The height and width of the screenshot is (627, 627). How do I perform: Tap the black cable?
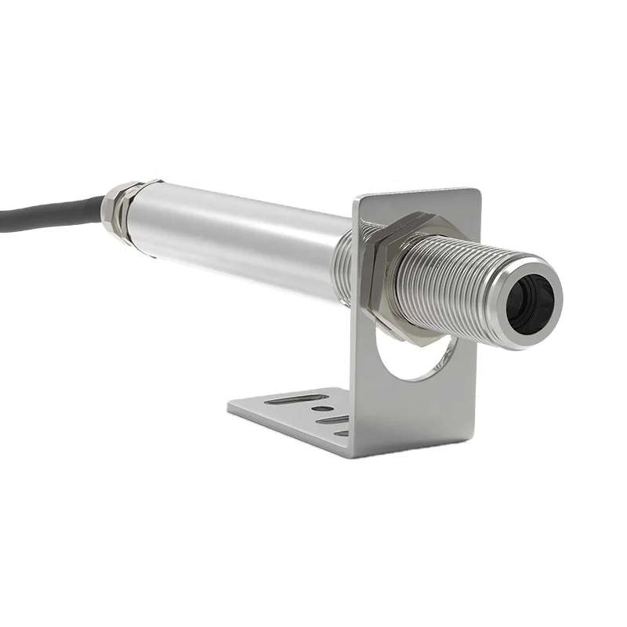coord(47,210)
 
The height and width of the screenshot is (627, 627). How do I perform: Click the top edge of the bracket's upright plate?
coord(415,190)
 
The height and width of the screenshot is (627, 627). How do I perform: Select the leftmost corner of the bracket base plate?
coord(229,407)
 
